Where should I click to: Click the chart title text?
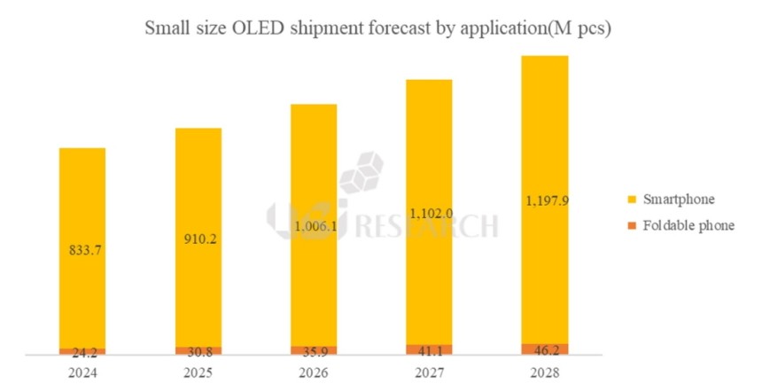tap(379, 28)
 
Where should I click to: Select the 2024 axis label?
tap(82, 372)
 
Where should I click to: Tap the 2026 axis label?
tap(314, 372)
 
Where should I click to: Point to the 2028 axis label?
tap(544, 372)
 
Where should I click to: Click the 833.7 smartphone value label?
tap(82, 251)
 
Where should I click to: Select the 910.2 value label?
tap(198, 239)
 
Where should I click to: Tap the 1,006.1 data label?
tap(314, 226)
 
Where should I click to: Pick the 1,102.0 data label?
tap(429, 214)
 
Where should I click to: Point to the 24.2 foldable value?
tap(82, 352)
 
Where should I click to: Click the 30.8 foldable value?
tap(198, 351)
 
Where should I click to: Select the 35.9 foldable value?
tap(314, 350)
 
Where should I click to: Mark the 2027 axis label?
tap(429, 372)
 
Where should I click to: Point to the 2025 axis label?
tap(198, 372)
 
